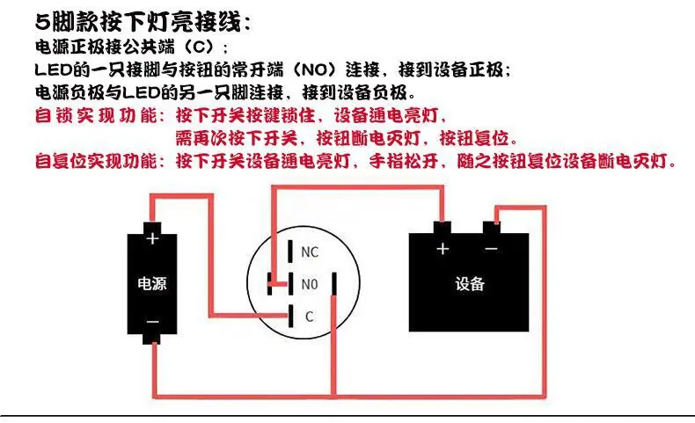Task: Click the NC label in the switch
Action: [310, 252]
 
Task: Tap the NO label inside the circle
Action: [310, 284]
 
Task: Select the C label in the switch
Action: [309, 317]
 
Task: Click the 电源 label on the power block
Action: [152, 283]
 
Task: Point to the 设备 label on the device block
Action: [470, 283]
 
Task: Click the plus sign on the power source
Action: [152, 238]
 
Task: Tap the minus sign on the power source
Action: [152, 322]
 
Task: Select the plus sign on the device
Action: [443, 249]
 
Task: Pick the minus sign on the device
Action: [491, 249]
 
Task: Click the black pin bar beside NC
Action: [290, 252]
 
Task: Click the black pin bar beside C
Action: [291, 317]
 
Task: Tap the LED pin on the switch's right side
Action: [333, 283]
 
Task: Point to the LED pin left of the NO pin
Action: [269, 283]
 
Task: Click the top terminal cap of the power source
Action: [152, 228]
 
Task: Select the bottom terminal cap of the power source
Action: [152, 338]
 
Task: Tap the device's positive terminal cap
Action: [442, 227]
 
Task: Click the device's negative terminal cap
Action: [492, 227]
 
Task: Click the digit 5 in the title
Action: [42, 22]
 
